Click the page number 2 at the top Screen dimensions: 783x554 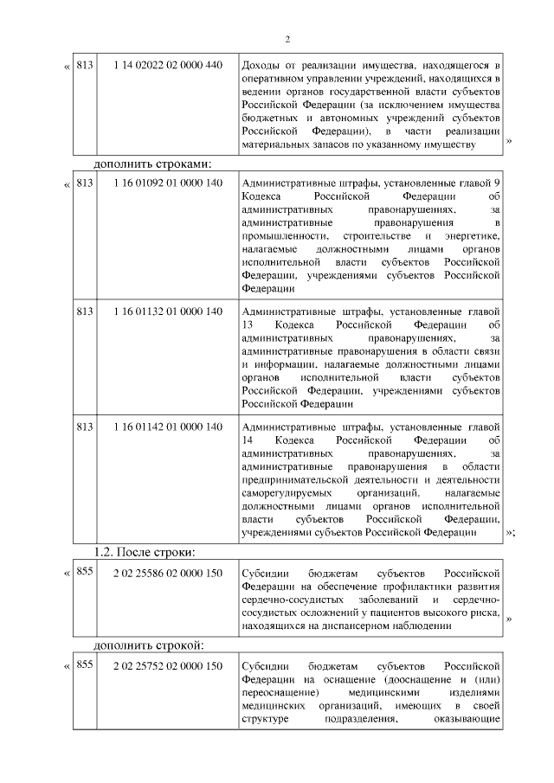[288, 38]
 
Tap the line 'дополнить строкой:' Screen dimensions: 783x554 [149, 645]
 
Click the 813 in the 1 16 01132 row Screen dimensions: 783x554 [85, 311]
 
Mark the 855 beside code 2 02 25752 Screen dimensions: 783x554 [85, 665]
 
